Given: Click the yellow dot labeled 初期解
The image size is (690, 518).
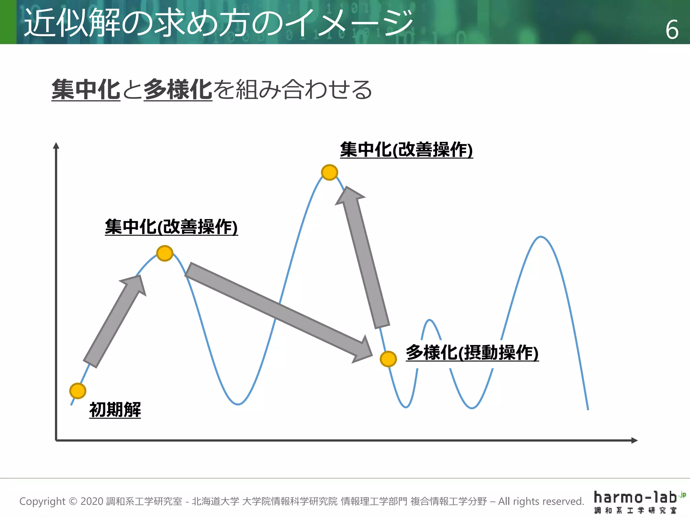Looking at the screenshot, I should tap(78, 391).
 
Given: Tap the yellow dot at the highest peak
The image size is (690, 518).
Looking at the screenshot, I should tap(330, 172).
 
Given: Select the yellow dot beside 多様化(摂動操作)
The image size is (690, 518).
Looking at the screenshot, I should tap(388, 359).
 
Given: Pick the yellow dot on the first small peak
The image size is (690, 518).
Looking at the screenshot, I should tap(165, 253).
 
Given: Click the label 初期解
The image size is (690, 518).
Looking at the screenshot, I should tap(115, 410).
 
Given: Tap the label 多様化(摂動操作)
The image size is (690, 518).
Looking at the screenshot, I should tap(472, 353).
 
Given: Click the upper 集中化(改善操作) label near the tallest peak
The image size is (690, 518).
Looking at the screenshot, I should tap(406, 150).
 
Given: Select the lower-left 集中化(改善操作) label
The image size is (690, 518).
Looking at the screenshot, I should tap(171, 227).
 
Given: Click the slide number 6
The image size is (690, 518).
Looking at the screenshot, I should tap(672, 30).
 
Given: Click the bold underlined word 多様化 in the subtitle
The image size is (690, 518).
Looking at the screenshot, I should tap(178, 90).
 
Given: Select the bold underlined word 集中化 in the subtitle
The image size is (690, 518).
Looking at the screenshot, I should tap(86, 90).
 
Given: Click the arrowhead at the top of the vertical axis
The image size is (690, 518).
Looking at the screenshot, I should tap(56, 146).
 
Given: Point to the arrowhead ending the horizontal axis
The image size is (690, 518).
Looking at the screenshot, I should tap(634, 440).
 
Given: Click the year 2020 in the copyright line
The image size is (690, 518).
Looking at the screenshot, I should tap(92, 501).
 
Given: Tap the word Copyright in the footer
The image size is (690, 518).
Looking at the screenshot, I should tap(42, 501).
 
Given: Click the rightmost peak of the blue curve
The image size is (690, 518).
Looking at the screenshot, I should tap(540, 237).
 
